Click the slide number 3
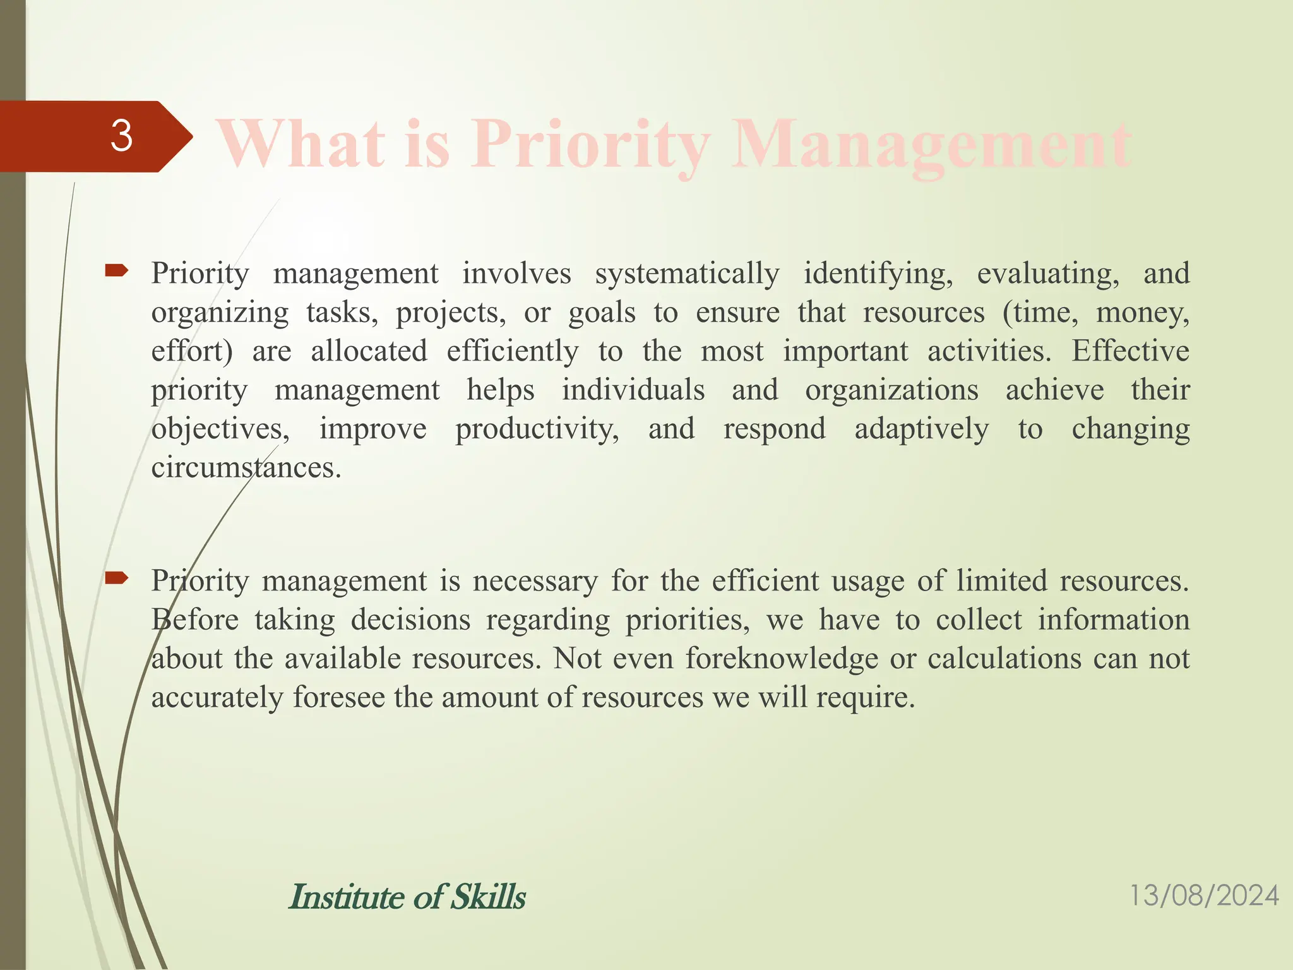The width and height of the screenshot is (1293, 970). point(121,136)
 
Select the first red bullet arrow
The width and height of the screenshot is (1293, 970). point(117,272)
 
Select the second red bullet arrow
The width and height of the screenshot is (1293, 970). point(117,578)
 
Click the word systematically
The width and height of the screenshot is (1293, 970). point(687,274)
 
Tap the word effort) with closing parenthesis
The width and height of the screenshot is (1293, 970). point(192,352)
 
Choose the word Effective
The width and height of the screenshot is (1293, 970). point(1130,352)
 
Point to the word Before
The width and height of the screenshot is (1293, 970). point(195,620)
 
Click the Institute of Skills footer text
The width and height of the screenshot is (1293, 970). point(407,897)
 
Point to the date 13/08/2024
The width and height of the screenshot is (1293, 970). point(1203,896)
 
